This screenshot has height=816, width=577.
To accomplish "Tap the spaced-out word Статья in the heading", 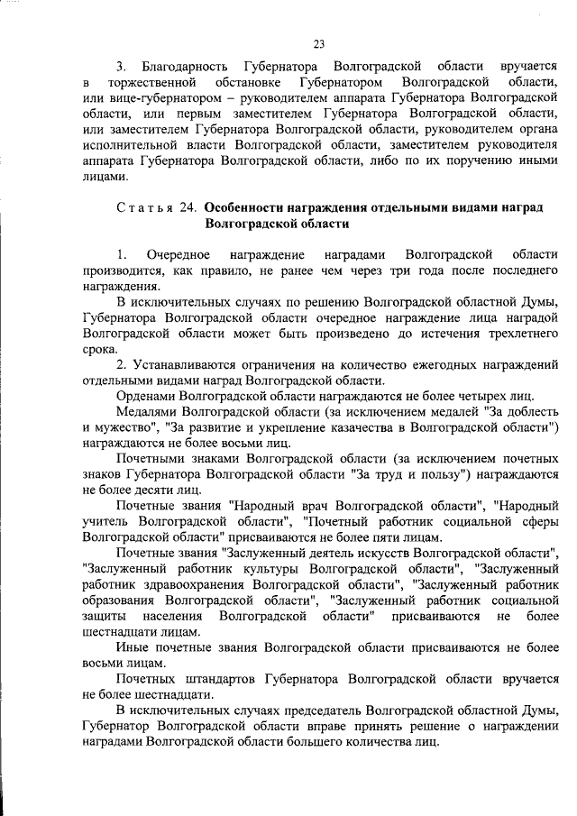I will click(x=146, y=207).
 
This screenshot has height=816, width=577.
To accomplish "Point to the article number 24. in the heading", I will click(x=188, y=207).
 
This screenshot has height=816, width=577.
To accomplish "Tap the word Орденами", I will click(x=147, y=396).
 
